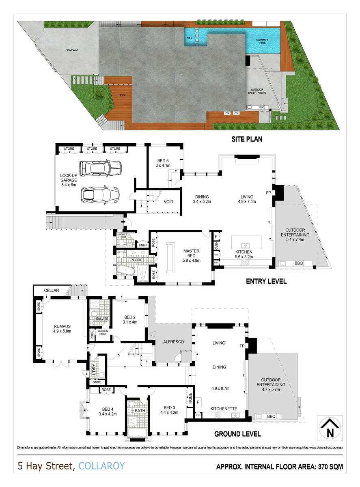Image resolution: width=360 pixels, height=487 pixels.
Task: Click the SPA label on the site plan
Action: click(x=189, y=38)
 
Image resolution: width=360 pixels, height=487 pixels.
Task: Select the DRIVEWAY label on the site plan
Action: click(x=71, y=50)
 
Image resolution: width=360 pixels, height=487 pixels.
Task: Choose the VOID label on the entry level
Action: click(x=169, y=201)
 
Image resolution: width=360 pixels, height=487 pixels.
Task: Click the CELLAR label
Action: click(x=52, y=291)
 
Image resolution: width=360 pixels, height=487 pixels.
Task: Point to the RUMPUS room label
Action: click(x=62, y=328)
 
